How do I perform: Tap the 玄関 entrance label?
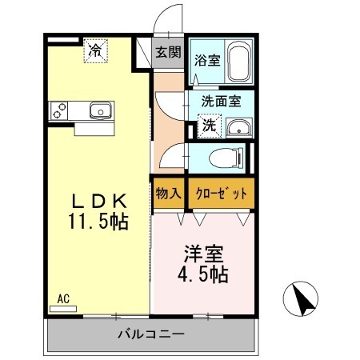168,53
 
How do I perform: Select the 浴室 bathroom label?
207,60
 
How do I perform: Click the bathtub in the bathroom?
239,62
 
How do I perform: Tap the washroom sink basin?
238,128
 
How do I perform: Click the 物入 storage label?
168,194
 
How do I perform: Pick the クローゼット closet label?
222,194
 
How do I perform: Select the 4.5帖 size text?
204,275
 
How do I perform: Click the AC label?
63,299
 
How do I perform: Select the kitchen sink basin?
99,110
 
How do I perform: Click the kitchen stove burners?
59,111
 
